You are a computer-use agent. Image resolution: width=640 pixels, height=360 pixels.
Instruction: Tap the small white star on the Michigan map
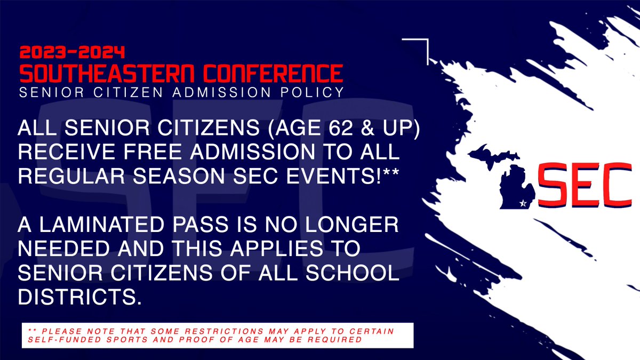point(523,203)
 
